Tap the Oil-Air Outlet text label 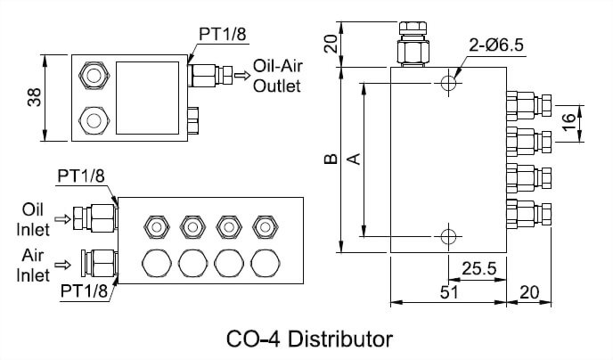tap(277, 76)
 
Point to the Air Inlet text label tap(32, 264)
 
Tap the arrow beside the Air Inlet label tap(62, 264)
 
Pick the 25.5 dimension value tap(478, 267)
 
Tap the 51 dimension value tap(449, 290)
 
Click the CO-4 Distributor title tap(309, 339)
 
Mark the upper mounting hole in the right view tap(448, 83)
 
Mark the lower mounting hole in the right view tap(448, 236)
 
